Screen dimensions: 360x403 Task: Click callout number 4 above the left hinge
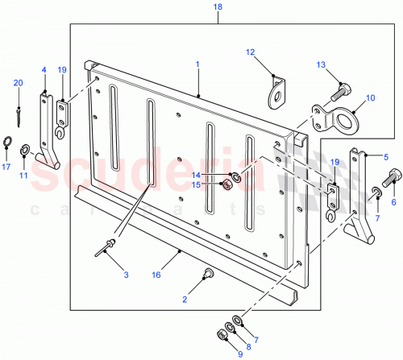(x=44, y=70)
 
